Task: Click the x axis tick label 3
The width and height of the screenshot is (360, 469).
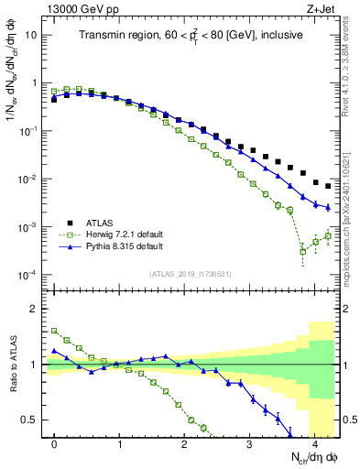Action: pyautogui.click(x=249, y=443)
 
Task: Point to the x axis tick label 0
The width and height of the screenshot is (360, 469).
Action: pyautogui.click(x=55, y=443)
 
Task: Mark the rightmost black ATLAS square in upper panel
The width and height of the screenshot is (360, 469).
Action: pyautogui.click(x=328, y=186)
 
